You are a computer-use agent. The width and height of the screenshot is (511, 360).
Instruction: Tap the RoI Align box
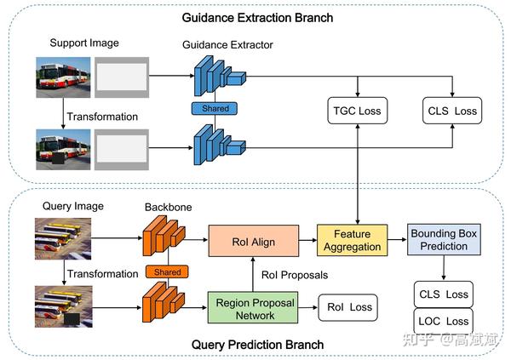click(254, 242)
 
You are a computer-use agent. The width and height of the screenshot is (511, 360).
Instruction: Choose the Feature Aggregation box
click(351, 242)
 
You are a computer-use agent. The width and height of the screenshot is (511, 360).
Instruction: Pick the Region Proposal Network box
click(254, 308)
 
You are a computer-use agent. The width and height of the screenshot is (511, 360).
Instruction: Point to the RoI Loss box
click(348, 308)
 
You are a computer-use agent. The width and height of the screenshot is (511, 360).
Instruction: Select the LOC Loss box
click(443, 321)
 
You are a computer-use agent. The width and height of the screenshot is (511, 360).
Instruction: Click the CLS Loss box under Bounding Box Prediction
click(443, 294)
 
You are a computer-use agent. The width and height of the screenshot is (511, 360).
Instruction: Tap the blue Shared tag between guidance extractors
click(215, 108)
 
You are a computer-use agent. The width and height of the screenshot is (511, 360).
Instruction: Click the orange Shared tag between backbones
click(167, 271)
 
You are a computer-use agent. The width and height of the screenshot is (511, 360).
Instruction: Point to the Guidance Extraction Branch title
click(256, 18)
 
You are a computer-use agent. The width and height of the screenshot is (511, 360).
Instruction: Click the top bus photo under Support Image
click(63, 75)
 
